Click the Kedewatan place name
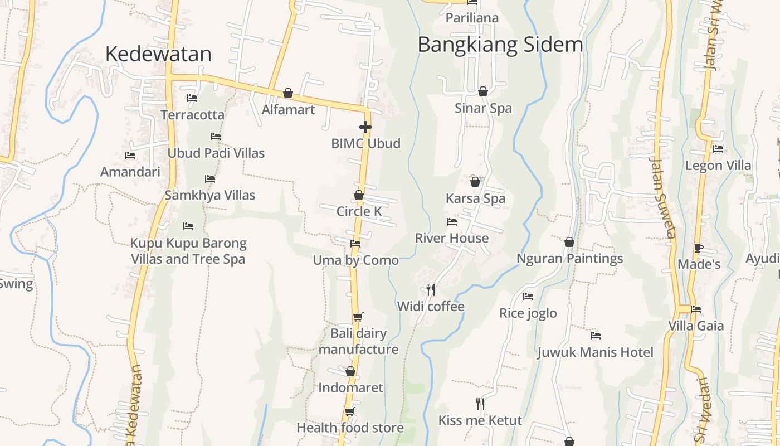pos(158,54)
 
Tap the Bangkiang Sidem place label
pos(500,45)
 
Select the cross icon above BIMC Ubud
pos(365,127)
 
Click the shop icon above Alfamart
pos(288,93)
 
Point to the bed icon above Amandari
pos(130,156)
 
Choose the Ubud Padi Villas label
pos(216,153)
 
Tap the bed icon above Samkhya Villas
pos(210,179)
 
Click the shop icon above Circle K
pos(359,195)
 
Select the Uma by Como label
pos(355,260)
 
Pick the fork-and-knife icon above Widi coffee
pos(430,289)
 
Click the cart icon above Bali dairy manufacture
pos(358,317)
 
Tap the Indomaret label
pos(350,387)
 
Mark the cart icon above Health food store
pos(349,411)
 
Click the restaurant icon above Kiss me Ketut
pos(480,404)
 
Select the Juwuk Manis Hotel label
pos(595,352)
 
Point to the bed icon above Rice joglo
pos(528,297)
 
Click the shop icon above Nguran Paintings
pos(569,242)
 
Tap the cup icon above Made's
pos(699,248)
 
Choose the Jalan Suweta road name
pos(664,197)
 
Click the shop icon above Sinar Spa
pos(483,91)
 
